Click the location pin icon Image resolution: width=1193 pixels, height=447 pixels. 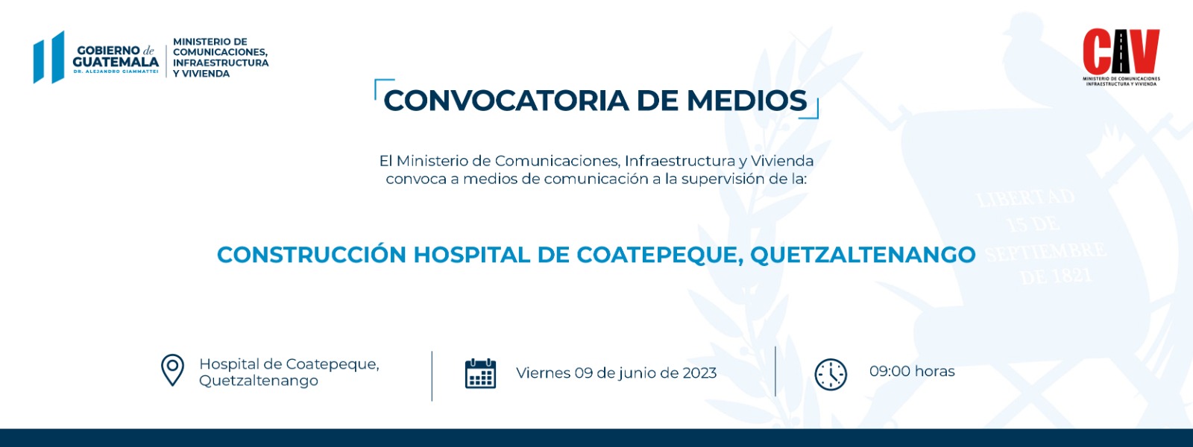[172, 370]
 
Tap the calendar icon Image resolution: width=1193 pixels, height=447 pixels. [480, 373]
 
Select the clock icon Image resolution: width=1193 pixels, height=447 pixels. [831, 375]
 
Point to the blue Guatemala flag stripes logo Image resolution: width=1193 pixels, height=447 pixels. [49, 57]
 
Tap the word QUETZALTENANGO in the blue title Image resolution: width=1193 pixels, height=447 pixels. [863, 255]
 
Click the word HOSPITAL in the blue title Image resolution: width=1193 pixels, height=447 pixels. [471, 254]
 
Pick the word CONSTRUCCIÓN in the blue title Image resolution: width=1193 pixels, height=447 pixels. [312, 254]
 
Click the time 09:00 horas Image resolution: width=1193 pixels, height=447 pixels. [912, 371]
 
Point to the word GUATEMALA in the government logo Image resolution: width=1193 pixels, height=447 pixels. [116, 63]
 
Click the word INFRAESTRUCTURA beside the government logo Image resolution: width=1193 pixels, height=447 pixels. [221, 63]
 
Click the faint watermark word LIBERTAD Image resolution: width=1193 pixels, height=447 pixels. [1026, 198]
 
